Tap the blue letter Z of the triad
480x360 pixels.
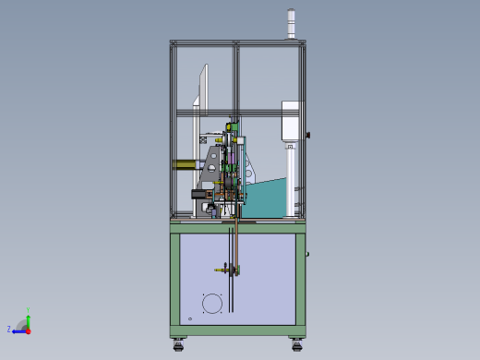tap(9, 329)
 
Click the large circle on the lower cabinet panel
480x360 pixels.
tap(213, 304)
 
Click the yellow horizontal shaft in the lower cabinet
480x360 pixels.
tap(225, 270)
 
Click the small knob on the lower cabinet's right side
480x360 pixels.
tap(307, 253)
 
